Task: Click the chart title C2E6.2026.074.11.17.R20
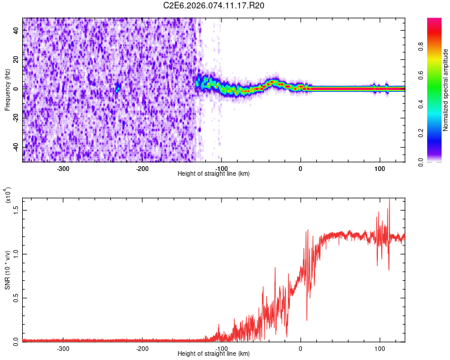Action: pyautogui.click(x=214, y=5)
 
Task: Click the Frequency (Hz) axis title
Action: pyautogui.click(x=8, y=90)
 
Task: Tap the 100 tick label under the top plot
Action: pyautogui.click(x=379, y=168)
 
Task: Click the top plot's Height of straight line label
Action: pyautogui.click(x=214, y=173)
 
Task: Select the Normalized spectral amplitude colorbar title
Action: pyautogui.click(x=445, y=90)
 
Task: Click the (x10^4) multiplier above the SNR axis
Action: pyautogui.click(x=8, y=195)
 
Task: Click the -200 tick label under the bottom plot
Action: pyautogui.click(x=142, y=348)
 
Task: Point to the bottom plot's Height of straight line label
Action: pyautogui.click(x=214, y=353)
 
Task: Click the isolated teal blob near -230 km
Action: pyautogui.click(x=118, y=88)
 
